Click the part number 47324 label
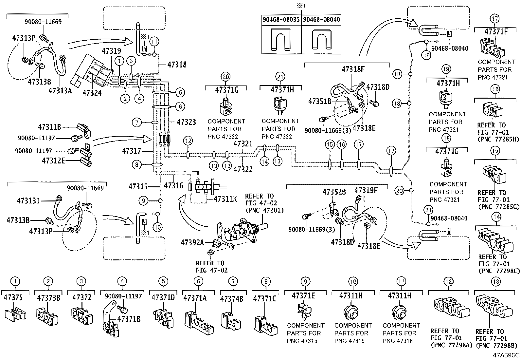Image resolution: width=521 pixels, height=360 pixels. [92, 93]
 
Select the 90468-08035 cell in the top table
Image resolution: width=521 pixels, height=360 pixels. [281, 20]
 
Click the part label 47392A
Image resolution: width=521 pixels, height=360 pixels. [192, 242]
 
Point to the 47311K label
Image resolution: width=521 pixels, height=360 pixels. [225, 199]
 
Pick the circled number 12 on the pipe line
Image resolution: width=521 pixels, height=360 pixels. [188, 141]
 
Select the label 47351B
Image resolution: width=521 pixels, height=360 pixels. [319, 102]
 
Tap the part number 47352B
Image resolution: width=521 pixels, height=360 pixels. [334, 192]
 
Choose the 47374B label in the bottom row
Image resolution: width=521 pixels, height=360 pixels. [231, 299]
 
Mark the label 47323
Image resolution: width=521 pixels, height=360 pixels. [186, 122]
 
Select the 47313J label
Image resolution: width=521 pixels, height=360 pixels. [28, 200]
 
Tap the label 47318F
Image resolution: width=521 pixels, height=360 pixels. [353, 69]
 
